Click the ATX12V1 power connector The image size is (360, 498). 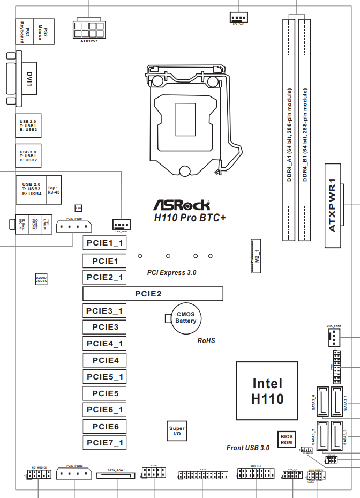(89, 28)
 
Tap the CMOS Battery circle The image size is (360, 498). (186, 318)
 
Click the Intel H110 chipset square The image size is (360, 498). (267, 391)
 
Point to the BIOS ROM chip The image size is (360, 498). (287, 440)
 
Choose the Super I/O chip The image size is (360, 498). (177, 432)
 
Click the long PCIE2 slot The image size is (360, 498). (153, 294)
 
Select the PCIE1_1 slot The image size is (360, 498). (105, 244)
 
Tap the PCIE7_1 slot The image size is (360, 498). (105, 443)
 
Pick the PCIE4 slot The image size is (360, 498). (105, 360)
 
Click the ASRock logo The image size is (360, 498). (182, 205)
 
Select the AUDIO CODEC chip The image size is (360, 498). (41, 279)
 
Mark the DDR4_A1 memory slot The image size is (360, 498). (289, 129)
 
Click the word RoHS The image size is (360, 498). (206, 340)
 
